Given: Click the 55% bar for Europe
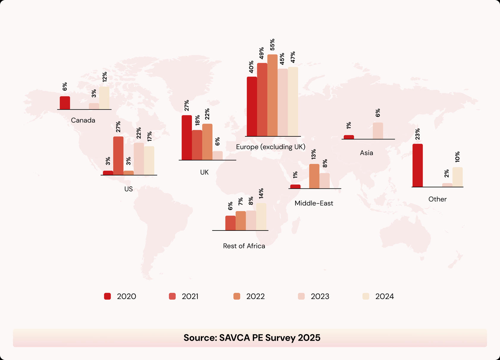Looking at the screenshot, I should click(x=272, y=95).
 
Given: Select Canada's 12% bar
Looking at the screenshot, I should click(x=104, y=98).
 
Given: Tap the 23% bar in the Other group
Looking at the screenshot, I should click(x=418, y=165).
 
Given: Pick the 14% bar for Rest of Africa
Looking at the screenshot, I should click(x=261, y=217).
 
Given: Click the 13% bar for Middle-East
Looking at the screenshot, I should click(x=314, y=176).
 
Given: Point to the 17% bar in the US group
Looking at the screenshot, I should click(x=149, y=160).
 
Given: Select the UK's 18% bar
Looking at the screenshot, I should click(x=197, y=145).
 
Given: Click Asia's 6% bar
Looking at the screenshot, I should click(x=378, y=131).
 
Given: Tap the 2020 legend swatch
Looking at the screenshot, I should click(x=107, y=296).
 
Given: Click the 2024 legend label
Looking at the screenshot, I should click(x=385, y=296).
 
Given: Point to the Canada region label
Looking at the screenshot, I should click(x=83, y=120).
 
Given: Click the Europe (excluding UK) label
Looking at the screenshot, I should click(x=271, y=147).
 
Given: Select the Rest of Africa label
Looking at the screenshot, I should click(x=244, y=246).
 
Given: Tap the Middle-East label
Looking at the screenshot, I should click(x=314, y=203).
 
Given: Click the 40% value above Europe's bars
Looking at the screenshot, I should click(x=251, y=67).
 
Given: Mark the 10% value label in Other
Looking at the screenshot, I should click(x=457, y=157).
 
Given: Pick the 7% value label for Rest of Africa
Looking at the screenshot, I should click(x=240, y=201).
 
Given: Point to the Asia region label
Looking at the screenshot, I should click(x=366, y=153).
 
